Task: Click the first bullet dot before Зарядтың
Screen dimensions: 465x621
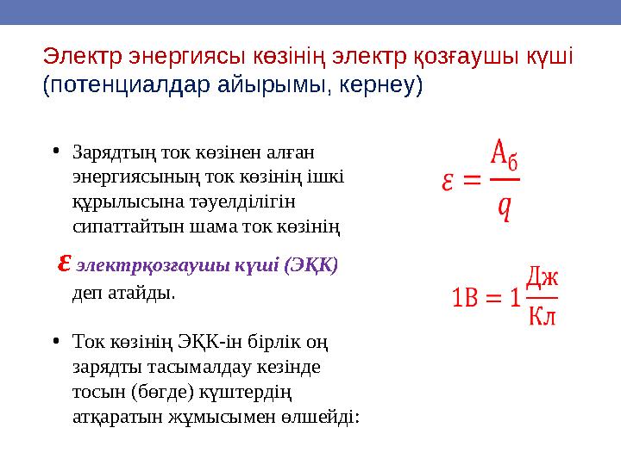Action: pyautogui.click(x=54, y=152)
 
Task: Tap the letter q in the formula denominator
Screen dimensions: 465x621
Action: pyautogui.click(x=503, y=207)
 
